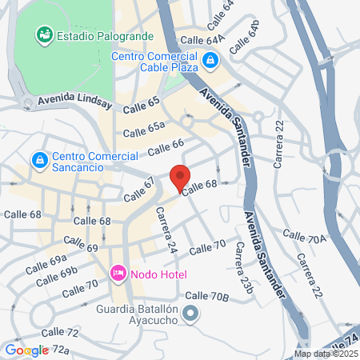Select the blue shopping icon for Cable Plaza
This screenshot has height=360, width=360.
[x=210, y=59]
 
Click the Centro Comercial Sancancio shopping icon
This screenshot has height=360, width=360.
[x=38, y=160]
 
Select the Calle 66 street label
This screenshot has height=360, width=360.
[x=166, y=147]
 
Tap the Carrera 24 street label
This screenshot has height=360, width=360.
[x=166, y=230]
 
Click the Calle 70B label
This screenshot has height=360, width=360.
[x=207, y=297]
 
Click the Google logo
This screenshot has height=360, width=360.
[x=26, y=350]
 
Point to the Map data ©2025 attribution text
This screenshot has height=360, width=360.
[x=326, y=354]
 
